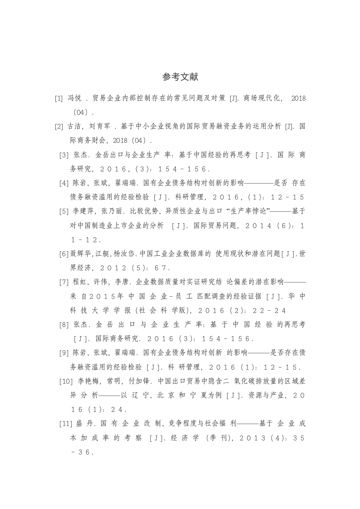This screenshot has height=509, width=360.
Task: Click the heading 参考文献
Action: point(180,77)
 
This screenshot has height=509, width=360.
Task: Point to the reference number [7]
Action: point(64,282)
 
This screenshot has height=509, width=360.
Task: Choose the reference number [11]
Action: point(64,424)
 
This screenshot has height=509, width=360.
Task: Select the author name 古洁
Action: point(74,126)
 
